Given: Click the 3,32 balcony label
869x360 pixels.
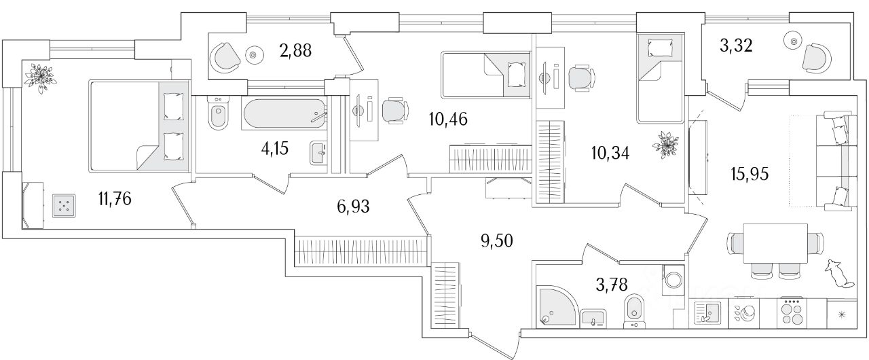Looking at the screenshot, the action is tap(740, 46).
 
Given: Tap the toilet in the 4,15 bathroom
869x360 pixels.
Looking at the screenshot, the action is tap(218, 117).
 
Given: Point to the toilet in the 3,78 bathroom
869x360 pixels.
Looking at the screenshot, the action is tap(633, 309).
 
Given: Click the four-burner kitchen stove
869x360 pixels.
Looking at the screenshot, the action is tap(791, 312).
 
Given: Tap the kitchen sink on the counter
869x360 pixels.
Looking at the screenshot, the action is tap(707, 313).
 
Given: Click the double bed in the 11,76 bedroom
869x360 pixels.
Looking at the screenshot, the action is tap(138, 126).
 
